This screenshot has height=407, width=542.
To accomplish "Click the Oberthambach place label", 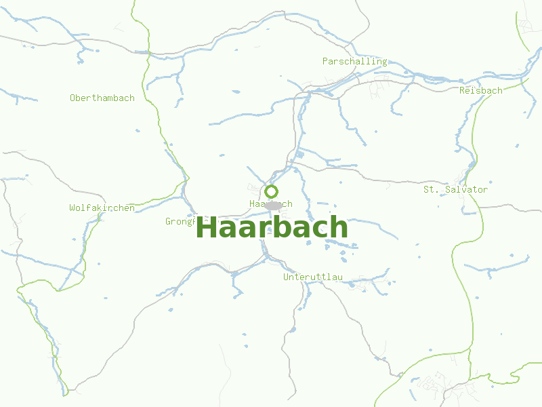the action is point(102,98).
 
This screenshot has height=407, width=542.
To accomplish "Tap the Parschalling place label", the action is point(354,61).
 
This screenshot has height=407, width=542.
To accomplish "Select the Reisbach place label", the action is point(480,90).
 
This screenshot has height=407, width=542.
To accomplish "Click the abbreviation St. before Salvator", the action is point(431,189).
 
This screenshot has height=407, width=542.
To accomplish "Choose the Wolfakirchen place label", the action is point(102,208).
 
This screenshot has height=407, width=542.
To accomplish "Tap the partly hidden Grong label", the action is point(180,221).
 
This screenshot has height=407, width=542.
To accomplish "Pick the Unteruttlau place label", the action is point(313,277).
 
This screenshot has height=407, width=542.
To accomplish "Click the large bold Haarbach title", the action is point(271,227).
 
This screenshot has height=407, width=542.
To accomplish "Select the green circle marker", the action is point(271,191).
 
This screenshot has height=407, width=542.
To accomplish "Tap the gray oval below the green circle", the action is point(273,206).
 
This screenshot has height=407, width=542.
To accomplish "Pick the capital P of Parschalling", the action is point(325,61).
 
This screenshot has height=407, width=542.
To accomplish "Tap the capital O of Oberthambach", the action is point(72,98).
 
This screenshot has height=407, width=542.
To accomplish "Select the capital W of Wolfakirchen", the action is point(72,208).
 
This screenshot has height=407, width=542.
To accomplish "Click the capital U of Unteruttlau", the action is point(286,277).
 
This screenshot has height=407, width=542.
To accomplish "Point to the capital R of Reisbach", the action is point(462,90).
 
